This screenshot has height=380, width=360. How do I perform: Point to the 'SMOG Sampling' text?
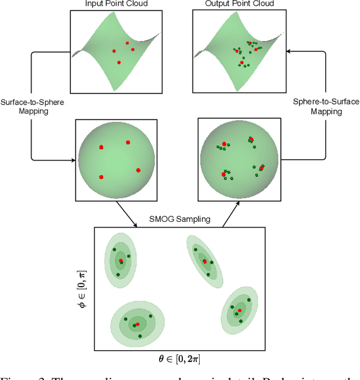coord(181,220)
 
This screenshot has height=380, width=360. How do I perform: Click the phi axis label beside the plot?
coord(85,290)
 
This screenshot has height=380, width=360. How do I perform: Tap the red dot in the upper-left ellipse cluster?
coord(121,261)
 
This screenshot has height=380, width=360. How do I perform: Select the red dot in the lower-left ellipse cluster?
coord(137,324)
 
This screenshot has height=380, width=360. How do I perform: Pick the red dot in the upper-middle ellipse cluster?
coord(205,261)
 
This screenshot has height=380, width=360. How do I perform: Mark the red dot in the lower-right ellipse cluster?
coord(240,310)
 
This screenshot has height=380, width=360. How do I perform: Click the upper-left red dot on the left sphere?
coord(101,147)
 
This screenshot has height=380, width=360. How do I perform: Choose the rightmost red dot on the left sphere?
coord(138,170)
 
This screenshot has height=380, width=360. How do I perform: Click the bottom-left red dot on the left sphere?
coord(101,177)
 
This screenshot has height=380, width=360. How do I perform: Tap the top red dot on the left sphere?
coord(128,142)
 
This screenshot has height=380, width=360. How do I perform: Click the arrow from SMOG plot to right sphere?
coord(230,216)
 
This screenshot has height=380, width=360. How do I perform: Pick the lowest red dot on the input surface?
coord(119,62)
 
